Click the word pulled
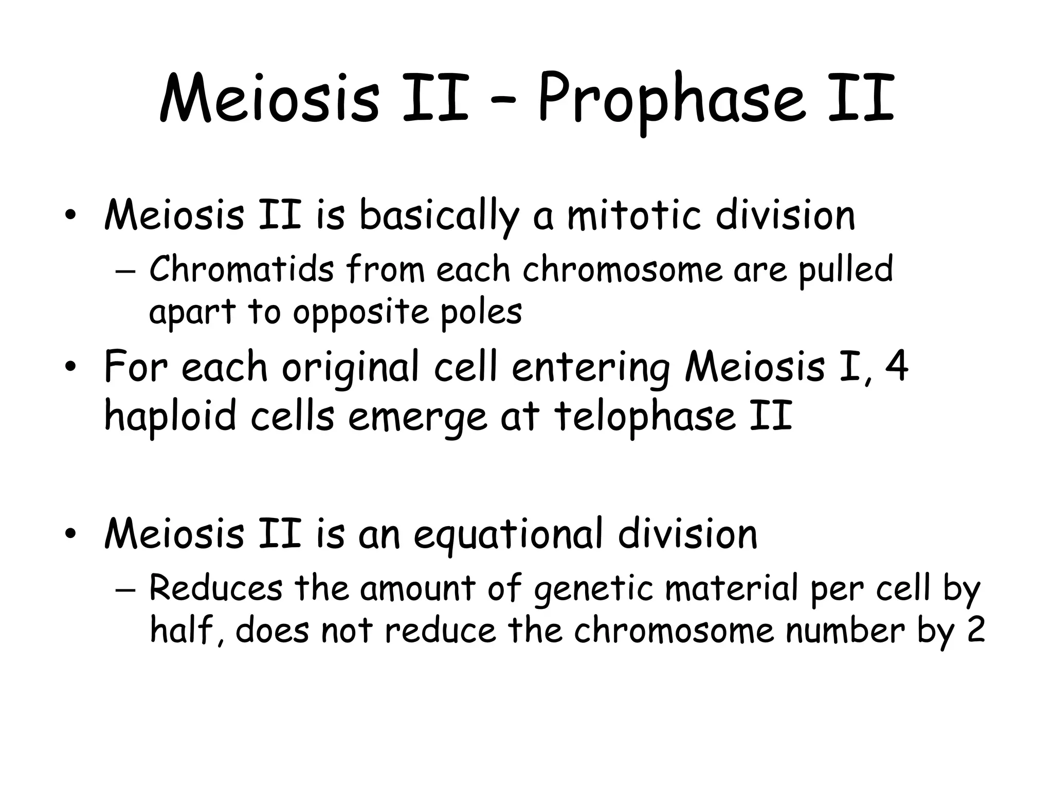pyautogui.click(x=845, y=270)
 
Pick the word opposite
pyautogui.click(x=360, y=312)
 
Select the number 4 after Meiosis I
pyautogui.click(x=897, y=366)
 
